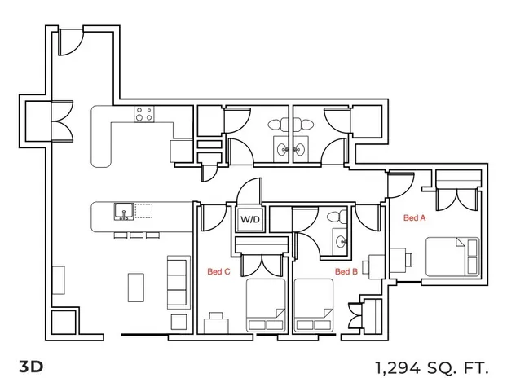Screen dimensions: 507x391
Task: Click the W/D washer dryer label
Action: pyautogui.click(x=250, y=219)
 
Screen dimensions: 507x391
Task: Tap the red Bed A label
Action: pyautogui.click(x=415, y=217)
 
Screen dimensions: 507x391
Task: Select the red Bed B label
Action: pyautogui.click(x=346, y=271)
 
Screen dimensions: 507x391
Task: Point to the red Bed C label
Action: pyautogui.click(x=219, y=271)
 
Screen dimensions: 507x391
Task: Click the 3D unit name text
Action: pyautogui.click(x=31, y=367)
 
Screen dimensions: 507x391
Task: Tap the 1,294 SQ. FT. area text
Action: pyautogui.click(x=432, y=367)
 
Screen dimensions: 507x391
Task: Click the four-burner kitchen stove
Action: pyautogui.click(x=144, y=114)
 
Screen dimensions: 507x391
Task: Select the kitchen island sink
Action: pyautogui.click(x=124, y=212)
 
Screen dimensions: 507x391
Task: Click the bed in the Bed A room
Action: pyautogui.click(x=452, y=257)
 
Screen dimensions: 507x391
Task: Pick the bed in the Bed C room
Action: pyautogui.click(x=266, y=305)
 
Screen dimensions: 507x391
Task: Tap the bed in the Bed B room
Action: pyautogui.click(x=314, y=305)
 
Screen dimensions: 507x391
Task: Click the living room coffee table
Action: pyautogui.click(x=136, y=288)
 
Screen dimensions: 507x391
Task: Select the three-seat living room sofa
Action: pyautogui.click(x=179, y=282)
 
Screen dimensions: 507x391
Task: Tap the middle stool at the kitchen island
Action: pyautogui.click(x=137, y=235)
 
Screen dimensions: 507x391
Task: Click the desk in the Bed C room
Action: pyautogui.click(x=216, y=326)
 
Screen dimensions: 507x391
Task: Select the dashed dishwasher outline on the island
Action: pyautogui.click(x=143, y=211)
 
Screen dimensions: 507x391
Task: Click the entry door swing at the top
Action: pyautogui.click(x=71, y=42)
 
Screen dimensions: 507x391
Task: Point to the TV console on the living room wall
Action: pyautogui.click(x=59, y=280)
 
